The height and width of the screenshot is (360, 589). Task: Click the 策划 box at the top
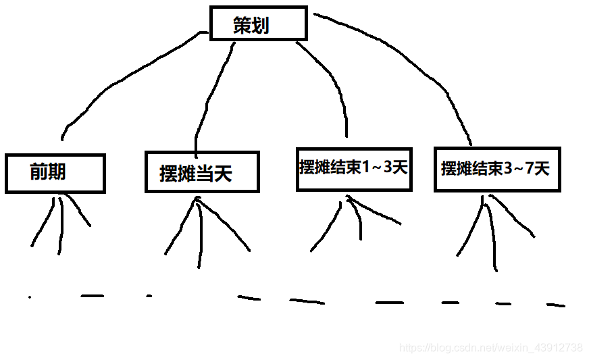[x=259, y=24]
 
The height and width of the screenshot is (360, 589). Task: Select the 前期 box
[x=55, y=174]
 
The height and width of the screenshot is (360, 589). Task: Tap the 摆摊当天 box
[x=201, y=172]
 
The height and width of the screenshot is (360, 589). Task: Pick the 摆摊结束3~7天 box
[x=496, y=169]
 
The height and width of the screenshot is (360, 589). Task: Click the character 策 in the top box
[x=242, y=26]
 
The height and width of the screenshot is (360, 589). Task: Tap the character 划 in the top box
[x=261, y=26]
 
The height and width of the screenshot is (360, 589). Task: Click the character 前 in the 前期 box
[x=39, y=172]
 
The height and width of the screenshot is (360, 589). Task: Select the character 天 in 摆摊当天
[x=223, y=174]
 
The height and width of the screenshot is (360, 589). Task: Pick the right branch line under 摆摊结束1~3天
[x=378, y=213]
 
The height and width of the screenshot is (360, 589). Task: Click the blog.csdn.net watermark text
[x=490, y=348]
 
